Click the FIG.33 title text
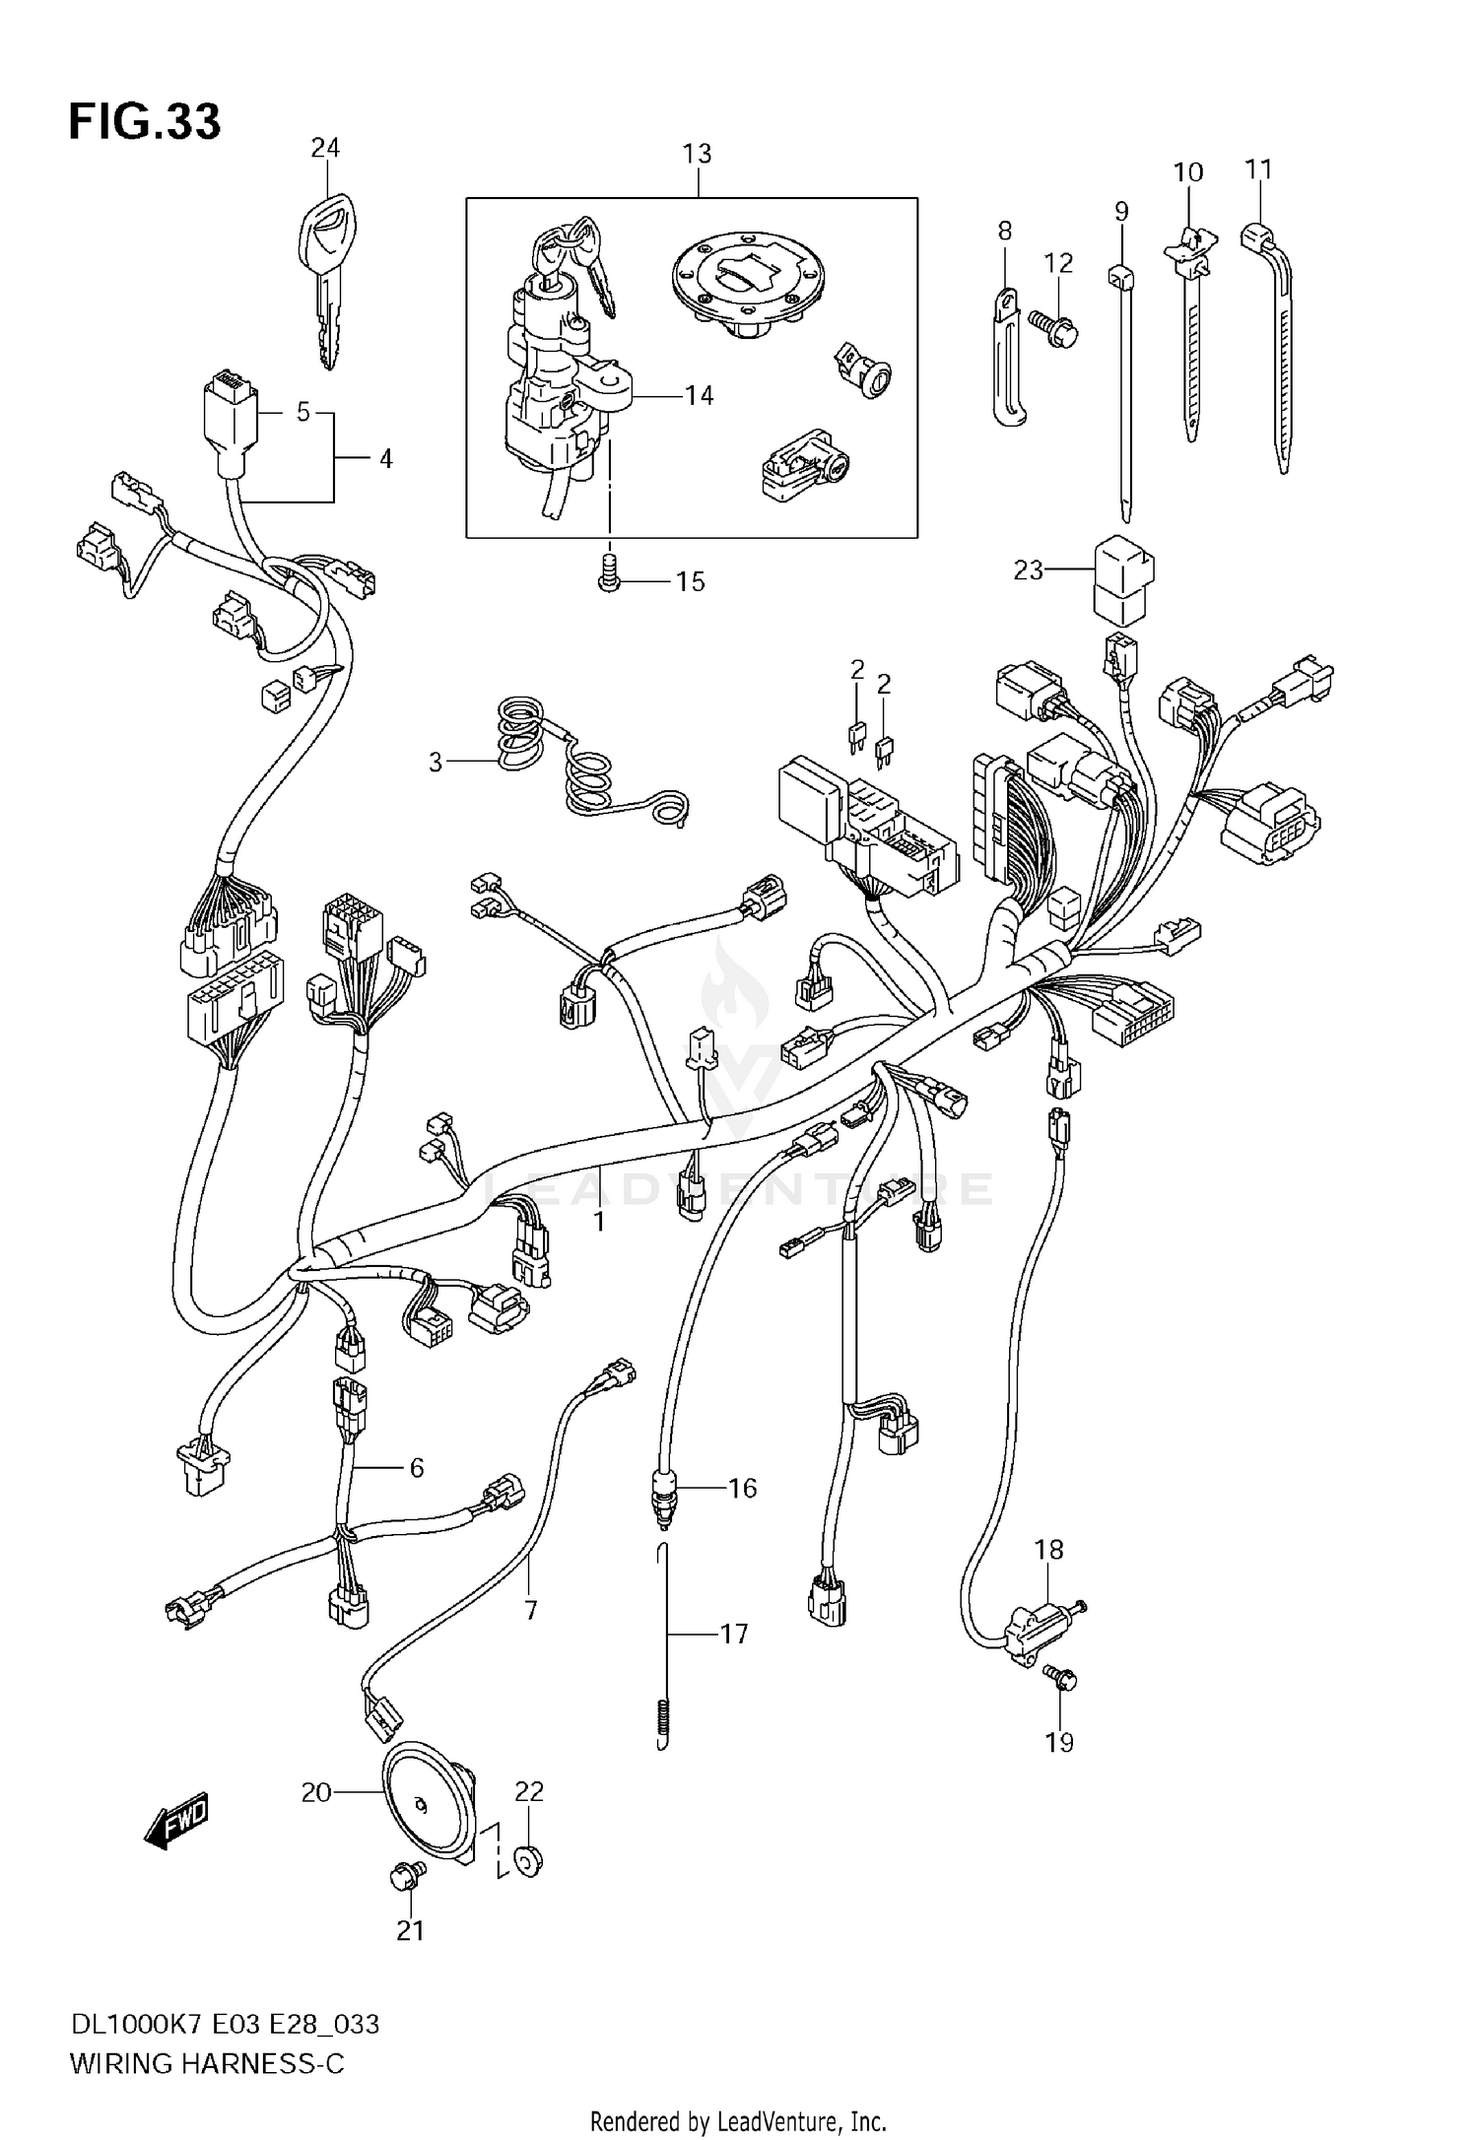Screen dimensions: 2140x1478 tap(145, 122)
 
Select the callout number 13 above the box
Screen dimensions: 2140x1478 tap(697, 154)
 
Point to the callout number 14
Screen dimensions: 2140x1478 tap(699, 396)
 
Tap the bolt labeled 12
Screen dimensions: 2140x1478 tap(1053, 326)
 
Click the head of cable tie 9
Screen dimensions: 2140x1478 tap(1120, 277)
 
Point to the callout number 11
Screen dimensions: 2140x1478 tap(1258, 169)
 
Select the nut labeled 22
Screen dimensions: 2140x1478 tap(529, 1861)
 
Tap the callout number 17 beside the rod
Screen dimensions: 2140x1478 tap(734, 1635)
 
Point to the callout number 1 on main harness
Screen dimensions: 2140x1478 tap(598, 1222)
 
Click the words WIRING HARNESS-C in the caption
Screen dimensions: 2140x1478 tap(207, 2063)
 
